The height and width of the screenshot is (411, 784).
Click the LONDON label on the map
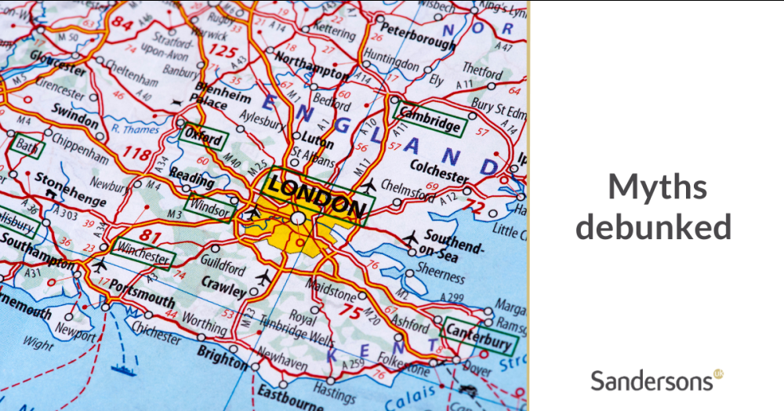pyautogui.click(x=316, y=196)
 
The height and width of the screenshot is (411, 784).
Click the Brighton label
pyautogui.click(x=223, y=357)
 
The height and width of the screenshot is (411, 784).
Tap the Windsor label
pyautogui.click(x=209, y=209)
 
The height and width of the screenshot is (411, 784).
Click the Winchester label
pyautogui.click(x=141, y=253)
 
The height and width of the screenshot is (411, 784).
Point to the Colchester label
pyautogui.click(x=439, y=169)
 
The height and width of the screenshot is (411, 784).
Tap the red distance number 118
pyautogui.click(x=138, y=154)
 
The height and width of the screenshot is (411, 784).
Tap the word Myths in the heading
pyautogui.click(x=657, y=187)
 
